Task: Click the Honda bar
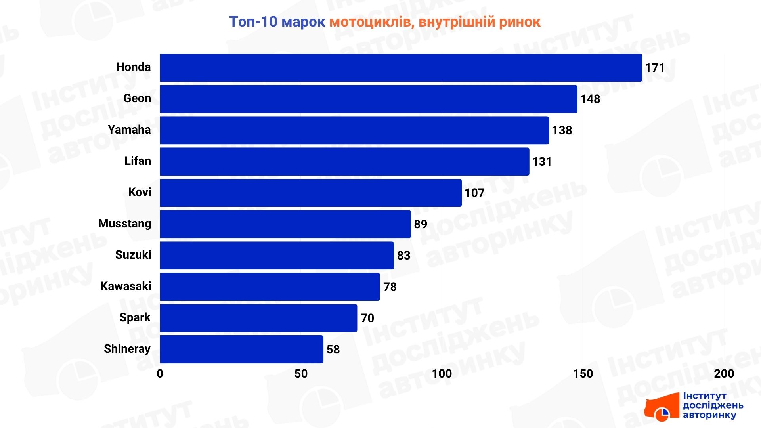point(400,68)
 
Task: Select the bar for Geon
point(368,99)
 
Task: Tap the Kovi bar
point(310,193)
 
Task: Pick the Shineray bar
point(241,349)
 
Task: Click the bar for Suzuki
point(277,256)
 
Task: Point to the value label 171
point(654,68)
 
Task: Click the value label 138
point(562,130)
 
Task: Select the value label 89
point(420,224)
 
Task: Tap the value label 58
point(333,350)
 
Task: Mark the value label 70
point(367,318)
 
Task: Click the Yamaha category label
point(129,130)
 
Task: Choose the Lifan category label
point(138,161)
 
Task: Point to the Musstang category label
point(124,224)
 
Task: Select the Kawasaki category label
point(126,286)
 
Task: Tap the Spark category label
point(135,317)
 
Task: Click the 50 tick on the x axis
point(301,374)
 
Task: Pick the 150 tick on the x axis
point(583,374)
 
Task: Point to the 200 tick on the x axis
point(724,374)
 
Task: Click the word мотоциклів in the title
point(371,22)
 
